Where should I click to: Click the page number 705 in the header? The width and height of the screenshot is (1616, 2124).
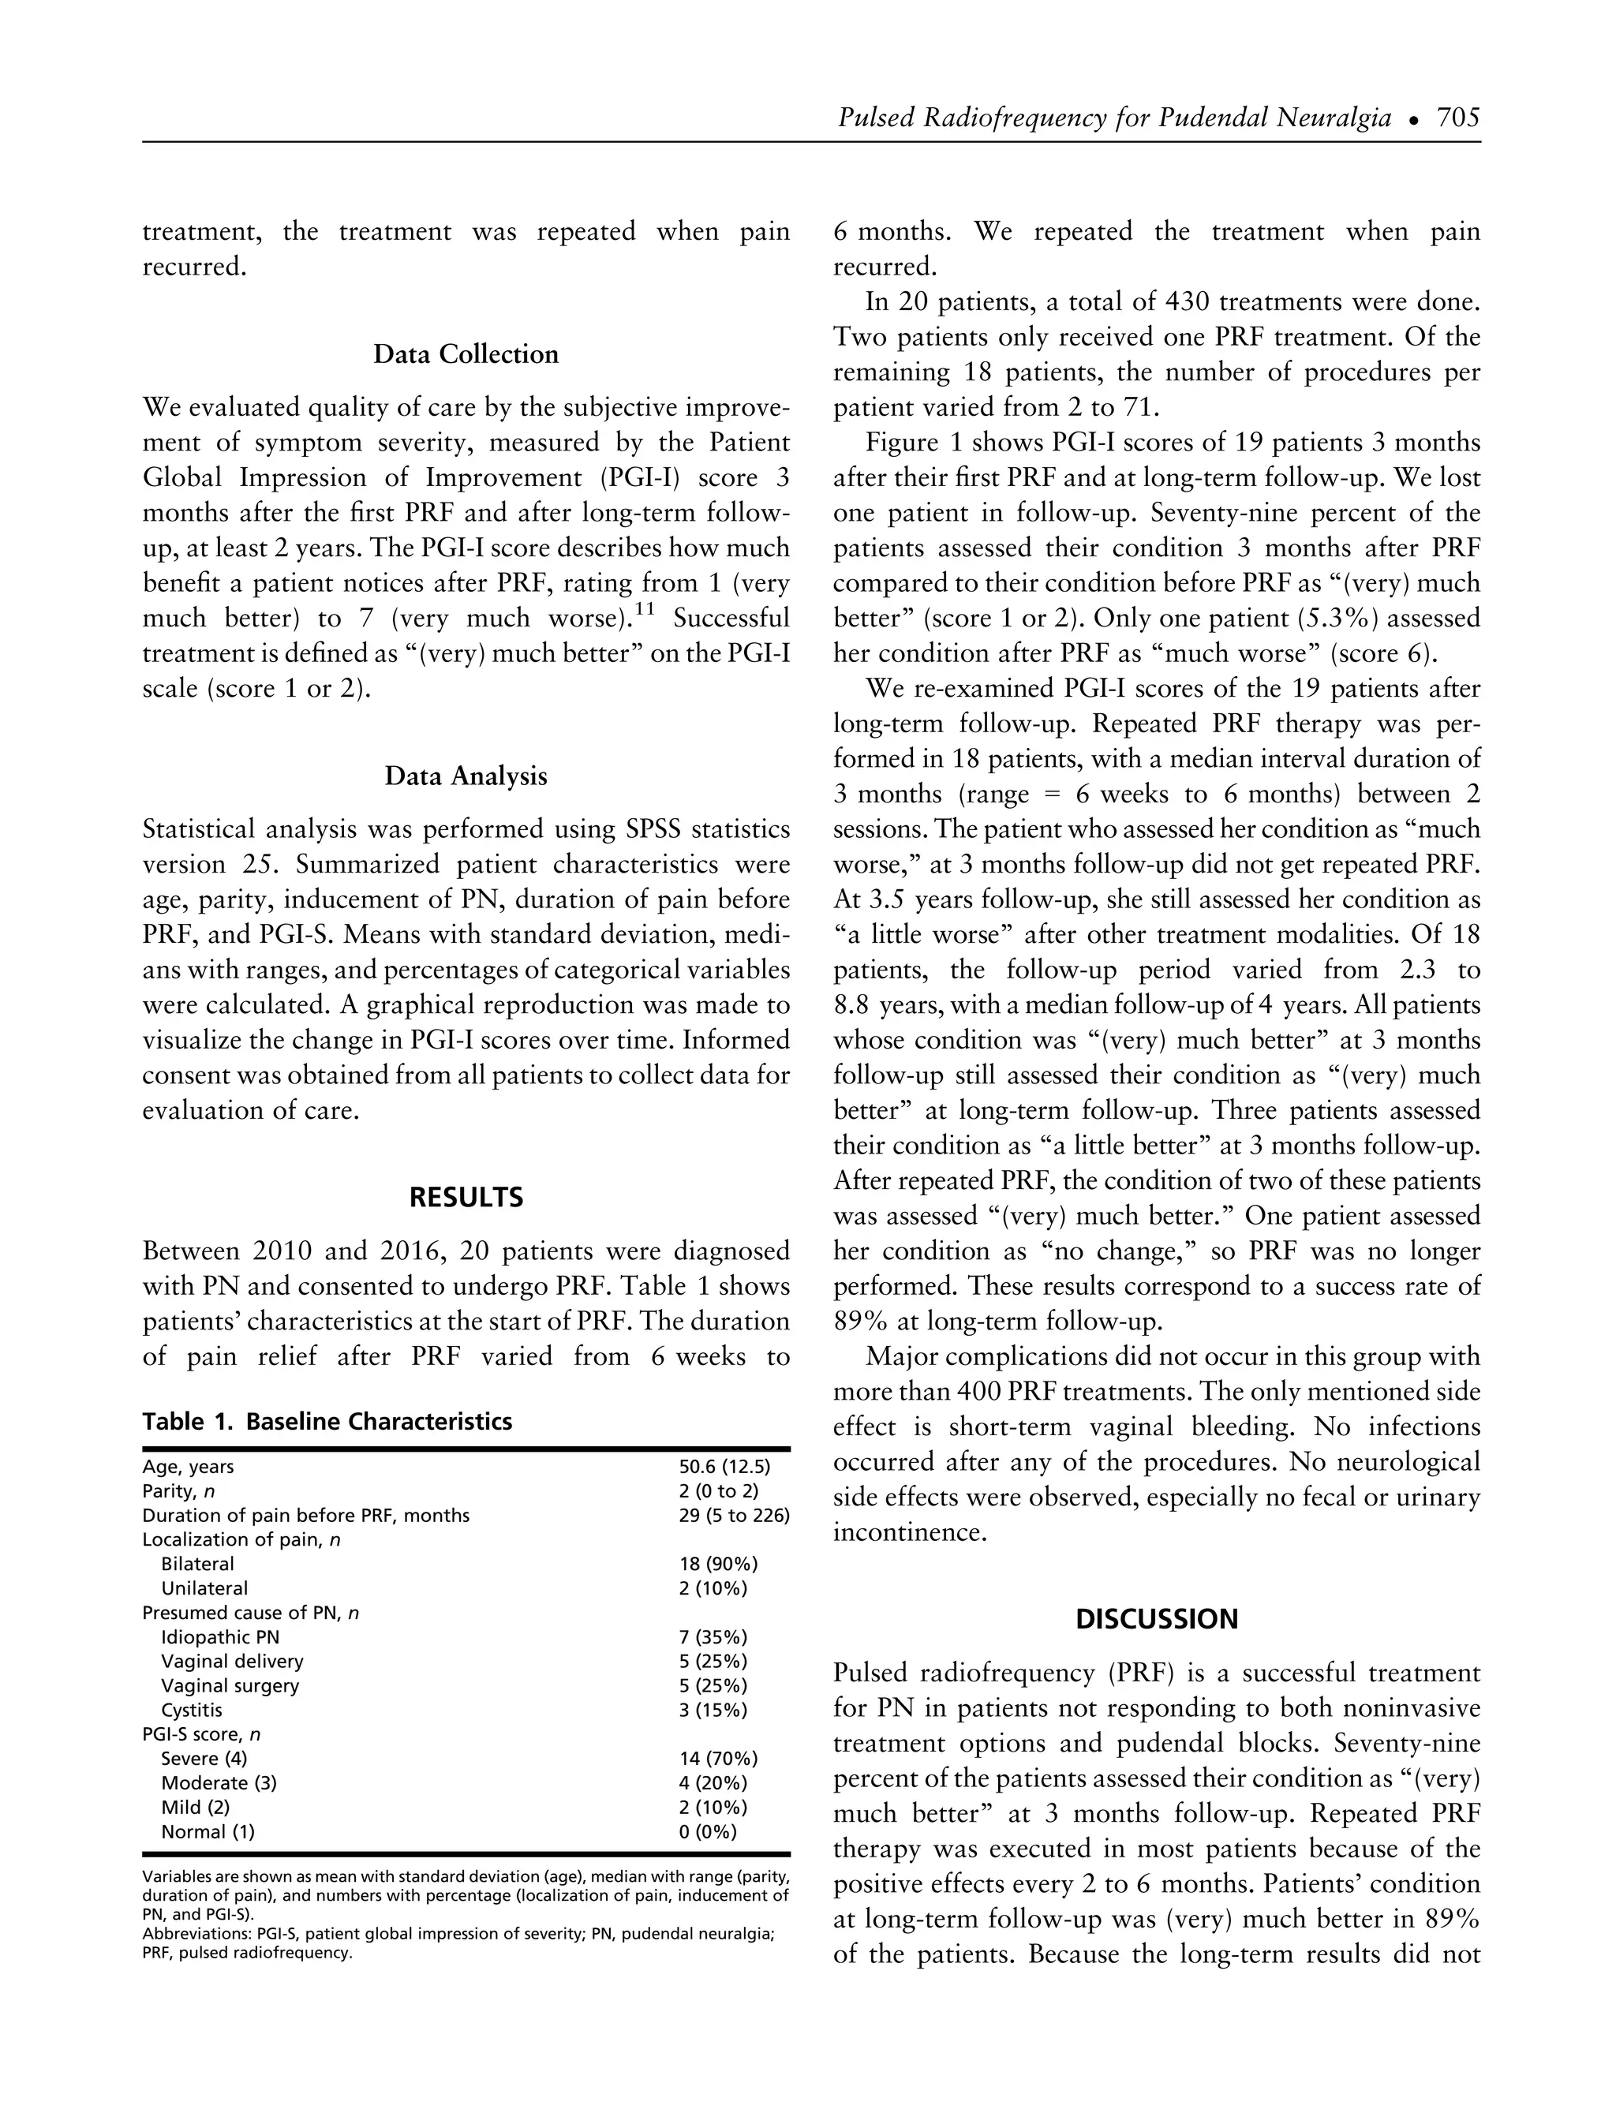click(1457, 118)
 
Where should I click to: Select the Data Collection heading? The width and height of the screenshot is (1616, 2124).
click(466, 354)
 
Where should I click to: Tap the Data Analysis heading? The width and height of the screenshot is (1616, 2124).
click(466, 776)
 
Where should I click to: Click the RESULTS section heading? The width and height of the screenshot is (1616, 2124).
click(466, 1198)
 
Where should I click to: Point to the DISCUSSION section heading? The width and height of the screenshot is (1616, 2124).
click(1156, 1619)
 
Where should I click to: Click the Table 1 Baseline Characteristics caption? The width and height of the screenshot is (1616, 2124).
click(327, 1422)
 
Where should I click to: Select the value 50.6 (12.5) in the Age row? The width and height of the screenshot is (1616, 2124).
click(724, 1467)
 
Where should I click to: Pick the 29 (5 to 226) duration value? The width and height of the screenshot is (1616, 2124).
click(734, 1515)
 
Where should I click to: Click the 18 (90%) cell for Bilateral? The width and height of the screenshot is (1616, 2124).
click(717, 1564)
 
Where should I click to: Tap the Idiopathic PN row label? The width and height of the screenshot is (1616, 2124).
click(220, 1637)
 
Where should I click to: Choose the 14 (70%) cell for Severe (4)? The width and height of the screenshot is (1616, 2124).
click(717, 1759)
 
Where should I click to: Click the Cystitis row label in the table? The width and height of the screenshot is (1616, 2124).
click(192, 1711)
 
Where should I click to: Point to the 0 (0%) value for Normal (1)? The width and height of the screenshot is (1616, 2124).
click(707, 1831)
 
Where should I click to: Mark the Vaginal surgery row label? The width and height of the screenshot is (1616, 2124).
click(230, 1685)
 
